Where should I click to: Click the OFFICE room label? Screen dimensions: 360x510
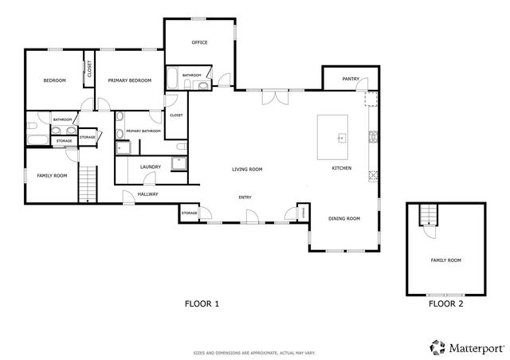199,42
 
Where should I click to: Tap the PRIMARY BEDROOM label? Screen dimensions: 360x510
130,80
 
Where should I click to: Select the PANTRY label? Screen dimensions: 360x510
350,79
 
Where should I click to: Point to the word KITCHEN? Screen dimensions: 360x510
342,168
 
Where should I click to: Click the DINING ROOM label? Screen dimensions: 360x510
344,218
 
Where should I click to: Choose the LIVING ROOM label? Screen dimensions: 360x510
247,169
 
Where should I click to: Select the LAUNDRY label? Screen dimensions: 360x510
151,166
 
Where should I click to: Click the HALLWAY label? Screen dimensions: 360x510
148,194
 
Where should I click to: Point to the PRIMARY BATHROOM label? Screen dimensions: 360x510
143,131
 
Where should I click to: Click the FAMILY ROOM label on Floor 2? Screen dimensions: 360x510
445,260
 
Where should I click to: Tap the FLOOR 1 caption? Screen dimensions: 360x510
202,303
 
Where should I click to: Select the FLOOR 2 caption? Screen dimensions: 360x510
445,303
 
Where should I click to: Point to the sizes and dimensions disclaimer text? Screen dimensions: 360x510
255,351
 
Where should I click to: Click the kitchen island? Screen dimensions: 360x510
333,137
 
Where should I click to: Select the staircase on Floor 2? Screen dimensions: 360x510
429,214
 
